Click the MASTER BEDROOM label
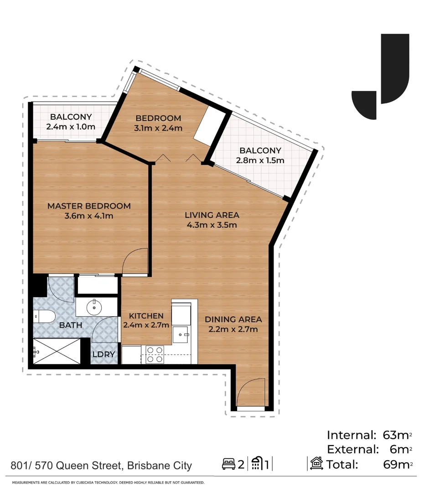[89, 206]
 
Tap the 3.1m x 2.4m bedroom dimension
[159, 128]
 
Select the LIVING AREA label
[212, 215]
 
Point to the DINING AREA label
[233, 319]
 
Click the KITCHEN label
[146, 316]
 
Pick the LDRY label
[103, 354]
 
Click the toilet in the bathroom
[44, 316]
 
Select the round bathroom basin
[94, 307]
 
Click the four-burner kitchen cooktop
[155, 354]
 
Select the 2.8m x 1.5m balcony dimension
[260, 160]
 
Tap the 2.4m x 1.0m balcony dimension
[71, 127]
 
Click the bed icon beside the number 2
[228, 465]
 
